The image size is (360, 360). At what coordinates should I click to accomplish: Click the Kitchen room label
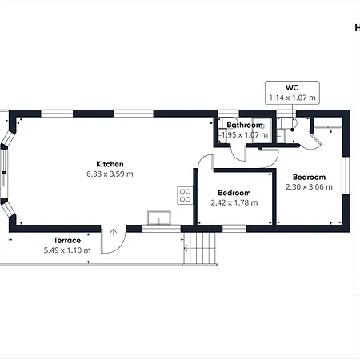click(x=110, y=164)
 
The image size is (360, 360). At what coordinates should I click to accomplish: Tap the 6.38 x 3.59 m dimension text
click(x=110, y=174)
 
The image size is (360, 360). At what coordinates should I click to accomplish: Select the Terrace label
click(x=67, y=241)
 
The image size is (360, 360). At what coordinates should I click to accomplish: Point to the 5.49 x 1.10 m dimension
click(x=67, y=250)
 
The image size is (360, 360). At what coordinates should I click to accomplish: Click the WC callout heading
click(x=292, y=88)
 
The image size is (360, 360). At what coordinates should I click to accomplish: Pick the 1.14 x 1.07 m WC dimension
click(x=292, y=98)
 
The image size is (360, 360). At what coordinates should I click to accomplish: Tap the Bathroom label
click(x=245, y=125)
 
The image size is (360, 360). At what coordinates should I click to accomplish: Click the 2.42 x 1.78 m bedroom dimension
click(x=234, y=203)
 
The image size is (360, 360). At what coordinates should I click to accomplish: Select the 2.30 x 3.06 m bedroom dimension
click(x=310, y=187)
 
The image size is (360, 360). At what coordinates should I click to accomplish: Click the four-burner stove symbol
click(x=185, y=195)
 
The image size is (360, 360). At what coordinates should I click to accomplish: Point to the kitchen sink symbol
click(x=159, y=218)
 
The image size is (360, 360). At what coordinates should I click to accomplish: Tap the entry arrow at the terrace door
click(x=114, y=232)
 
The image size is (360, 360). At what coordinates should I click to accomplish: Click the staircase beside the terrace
click(x=199, y=249)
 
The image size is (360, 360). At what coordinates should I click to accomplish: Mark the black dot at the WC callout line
click(x=292, y=130)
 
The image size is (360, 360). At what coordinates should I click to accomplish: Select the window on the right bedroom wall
click(x=346, y=175)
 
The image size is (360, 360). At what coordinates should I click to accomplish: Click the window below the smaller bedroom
click(x=234, y=229)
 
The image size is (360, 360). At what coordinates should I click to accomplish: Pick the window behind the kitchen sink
click(x=161, y=229)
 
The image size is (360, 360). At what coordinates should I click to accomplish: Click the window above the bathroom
click(x=229, y=114)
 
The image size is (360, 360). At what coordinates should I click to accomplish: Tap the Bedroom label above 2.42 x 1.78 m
click(x=234, y=193)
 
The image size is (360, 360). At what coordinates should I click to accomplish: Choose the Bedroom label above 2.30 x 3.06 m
click(x=310, y=177)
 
